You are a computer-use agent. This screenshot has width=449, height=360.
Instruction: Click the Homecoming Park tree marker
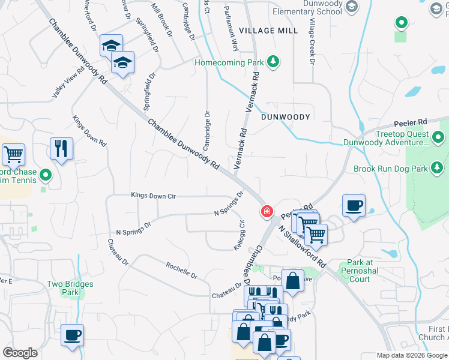(x=273, y=61)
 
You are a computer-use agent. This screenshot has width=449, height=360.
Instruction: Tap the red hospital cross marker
(x=266, y=211)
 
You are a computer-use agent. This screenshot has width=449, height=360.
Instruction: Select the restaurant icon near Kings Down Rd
(x=61, y=149)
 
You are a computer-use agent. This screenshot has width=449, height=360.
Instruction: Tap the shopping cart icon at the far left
(x=13, y=154)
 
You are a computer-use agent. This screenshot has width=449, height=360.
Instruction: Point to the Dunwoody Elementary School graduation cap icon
(x=353, y=6)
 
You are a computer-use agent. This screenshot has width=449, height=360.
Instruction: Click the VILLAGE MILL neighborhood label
(x=268, y=31)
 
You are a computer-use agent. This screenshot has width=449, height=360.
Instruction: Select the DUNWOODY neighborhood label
(x=286, y=117)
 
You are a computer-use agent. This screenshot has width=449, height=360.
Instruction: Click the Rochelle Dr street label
(x=181, y=270)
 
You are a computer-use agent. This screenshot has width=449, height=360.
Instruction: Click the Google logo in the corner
(x=20, y=353)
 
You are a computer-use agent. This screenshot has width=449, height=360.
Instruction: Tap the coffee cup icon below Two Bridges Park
(x=72, y=335)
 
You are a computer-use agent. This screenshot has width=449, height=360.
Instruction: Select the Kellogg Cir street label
(x=243, y=236)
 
